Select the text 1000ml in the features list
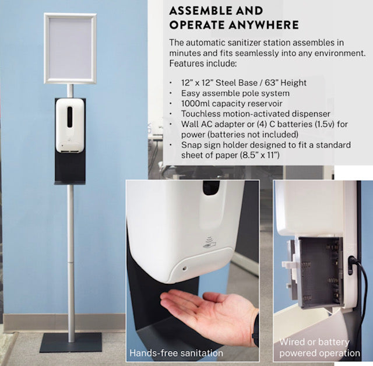click(x=195, y=104)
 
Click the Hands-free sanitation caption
click(x=176, y=353)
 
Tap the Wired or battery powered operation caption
click(x=319, y=347)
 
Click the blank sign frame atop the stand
click(x=70, y=15)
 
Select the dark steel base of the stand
click(x=71, y=343)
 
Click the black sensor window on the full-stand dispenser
click(x=70, y=117)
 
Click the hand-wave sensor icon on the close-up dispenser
click(x=209, y=242)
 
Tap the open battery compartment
click(x=320, y=272)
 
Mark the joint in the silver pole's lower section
click(x=71, y=262)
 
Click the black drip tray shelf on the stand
click(x=70, y=182)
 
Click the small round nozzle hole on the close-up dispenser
click(x=184, y=269)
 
